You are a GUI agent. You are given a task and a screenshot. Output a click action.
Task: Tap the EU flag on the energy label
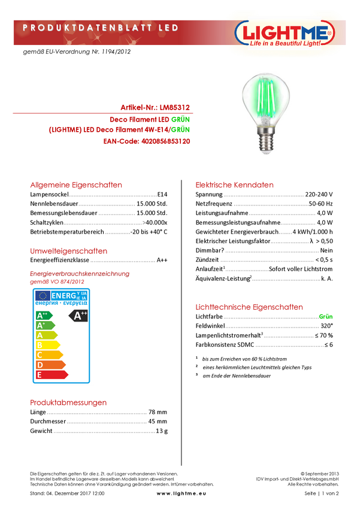pos(42,295)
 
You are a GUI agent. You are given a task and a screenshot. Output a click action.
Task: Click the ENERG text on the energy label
pos(63,295)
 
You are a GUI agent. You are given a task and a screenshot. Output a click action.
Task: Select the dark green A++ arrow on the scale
pos(44,315)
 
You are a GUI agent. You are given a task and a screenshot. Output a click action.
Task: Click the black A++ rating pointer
pos(79,316)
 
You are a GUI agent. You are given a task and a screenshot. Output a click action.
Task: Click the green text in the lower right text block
pos(326,317)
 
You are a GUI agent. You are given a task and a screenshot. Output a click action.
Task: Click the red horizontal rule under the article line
pos(103,113)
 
